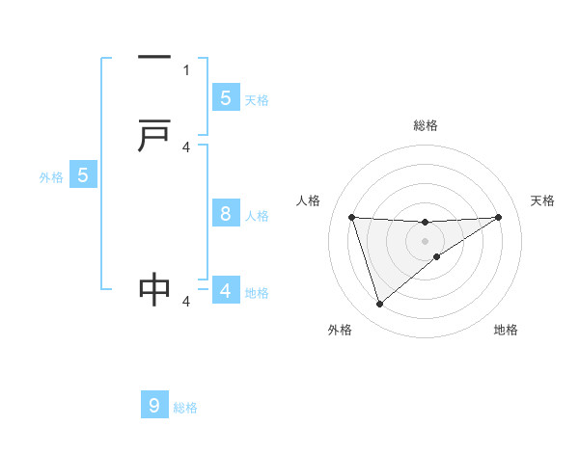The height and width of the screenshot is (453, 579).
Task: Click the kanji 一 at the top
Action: pyautogui.click(x=154, y=58)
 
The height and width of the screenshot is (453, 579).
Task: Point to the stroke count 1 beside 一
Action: pyautogui.click(x=186, y=69)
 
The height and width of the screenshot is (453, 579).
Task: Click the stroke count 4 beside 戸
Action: pyautogui.click(x=186, y=147)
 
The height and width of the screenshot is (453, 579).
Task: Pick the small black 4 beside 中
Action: pyautogui.click(x=186, y=302)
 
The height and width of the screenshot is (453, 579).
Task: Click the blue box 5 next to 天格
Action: pyautogui.click(x=226, y=97)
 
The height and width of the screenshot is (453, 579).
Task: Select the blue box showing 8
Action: pyautogui.click(x=226, y=214)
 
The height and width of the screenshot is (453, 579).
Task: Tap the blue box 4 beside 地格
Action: pyautogui.click(x=226, y=291)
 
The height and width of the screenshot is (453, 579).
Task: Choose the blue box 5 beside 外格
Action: pyautogui.click(x=83, y=175)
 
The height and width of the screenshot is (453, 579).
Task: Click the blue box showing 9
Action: pyautogui.click(x=154, y=406)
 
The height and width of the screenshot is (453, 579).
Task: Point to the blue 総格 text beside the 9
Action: pyautogui.click(x=185, y=408)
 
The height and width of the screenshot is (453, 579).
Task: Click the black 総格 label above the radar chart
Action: pyautogui.click(x=425, y=125)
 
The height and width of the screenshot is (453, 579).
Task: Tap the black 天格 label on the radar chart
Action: pyautogui.click(x=542, y=200)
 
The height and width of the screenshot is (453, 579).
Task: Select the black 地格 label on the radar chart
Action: pyautogui.click(x=506, y=330)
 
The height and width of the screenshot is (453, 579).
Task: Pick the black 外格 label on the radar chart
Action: pyautogui.click(x=340, y=330)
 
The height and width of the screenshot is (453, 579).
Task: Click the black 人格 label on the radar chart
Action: pyautogui.click(x=308, y=200)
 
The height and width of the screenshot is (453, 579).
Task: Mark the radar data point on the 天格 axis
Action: pyautogui.click(x=498, y=217)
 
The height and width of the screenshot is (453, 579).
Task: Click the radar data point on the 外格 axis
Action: pyautogui.click(x=379, y=305)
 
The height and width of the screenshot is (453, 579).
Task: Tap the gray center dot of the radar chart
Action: pyautogui.click(x=425, y=240)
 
